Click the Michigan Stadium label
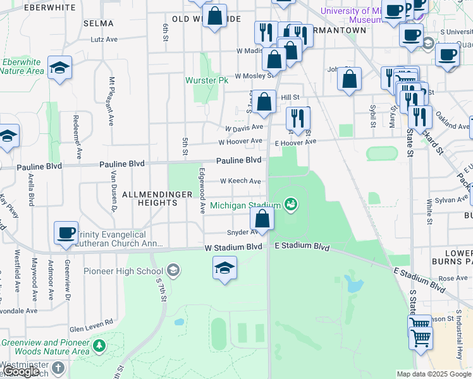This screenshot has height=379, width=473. click(245, 205)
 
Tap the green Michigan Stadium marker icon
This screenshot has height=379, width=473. click(292, 203)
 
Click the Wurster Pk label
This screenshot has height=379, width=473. click(206, 81)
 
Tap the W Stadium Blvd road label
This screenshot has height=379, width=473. click(233, 246)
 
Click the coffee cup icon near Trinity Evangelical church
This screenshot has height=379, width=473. click(66, 232)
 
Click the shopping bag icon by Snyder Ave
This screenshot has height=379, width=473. click(262, 219)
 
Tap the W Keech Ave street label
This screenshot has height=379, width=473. click(240, 181)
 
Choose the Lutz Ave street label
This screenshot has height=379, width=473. click(104, 39)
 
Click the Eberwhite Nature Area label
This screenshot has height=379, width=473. click(21, 66)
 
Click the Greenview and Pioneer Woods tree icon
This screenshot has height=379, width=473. click(99, 346)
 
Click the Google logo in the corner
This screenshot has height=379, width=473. click(20, 372)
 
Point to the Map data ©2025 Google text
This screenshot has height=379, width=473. click(434, 374)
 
